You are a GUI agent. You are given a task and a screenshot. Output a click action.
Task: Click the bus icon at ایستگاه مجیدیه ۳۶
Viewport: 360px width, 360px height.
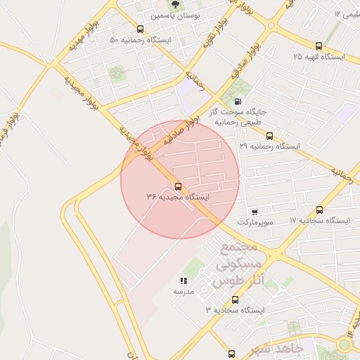click(177, 187)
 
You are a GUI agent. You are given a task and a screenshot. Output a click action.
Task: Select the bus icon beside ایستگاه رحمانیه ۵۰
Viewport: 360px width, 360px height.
click(141, 30)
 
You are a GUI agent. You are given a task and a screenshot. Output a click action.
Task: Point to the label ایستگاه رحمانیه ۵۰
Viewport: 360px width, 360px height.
click(141, 40)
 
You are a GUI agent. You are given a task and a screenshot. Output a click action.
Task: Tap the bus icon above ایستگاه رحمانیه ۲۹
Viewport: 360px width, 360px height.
click(269, 136)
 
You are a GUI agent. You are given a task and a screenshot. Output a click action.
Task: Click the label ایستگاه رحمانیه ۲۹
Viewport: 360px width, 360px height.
click(269, 146)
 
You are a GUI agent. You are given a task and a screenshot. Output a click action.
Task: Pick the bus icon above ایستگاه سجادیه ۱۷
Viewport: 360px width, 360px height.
click(320, 210)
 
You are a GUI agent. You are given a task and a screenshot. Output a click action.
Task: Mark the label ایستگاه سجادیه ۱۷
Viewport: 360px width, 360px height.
click(319, 220)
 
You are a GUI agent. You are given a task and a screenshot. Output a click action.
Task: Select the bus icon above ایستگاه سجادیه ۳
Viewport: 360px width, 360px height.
click(235, 300)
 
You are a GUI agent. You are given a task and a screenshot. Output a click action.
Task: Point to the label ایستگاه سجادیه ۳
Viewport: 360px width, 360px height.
click(235, 310)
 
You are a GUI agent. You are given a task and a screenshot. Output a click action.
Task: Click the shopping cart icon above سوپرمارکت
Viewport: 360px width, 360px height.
click(254, 211)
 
